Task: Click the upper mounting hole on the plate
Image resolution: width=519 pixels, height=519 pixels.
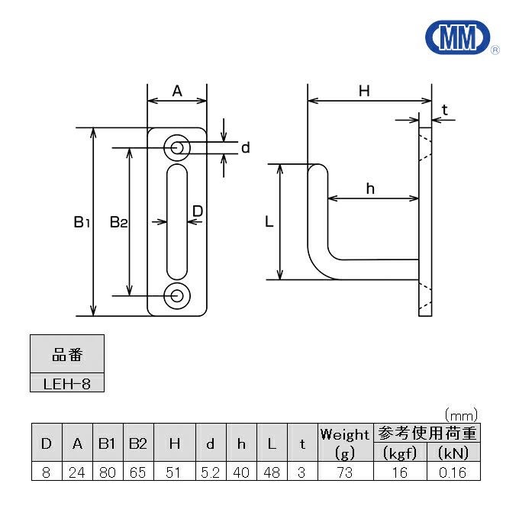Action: [x=177, y=147]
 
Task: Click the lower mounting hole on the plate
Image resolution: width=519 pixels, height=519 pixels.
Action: [x=177, y=295]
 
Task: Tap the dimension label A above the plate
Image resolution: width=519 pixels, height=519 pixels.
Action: [x=177, y=91]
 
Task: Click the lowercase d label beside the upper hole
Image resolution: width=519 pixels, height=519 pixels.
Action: [x=245, y=148]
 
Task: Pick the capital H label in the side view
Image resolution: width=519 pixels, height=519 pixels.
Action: [x=364, y=91]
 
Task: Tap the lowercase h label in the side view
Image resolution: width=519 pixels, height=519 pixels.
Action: [x=370, y=189]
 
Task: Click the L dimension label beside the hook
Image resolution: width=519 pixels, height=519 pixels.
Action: [x=268, y=222]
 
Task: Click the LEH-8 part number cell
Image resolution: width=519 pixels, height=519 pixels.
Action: [x=66, y=383]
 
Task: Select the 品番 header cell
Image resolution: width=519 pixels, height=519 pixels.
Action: [x=66, y=355]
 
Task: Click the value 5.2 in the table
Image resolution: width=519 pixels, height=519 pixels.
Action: [x=210, y=472]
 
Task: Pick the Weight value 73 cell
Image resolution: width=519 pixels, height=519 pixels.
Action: [x=344, y=472]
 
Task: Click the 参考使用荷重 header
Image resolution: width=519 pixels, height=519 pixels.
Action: [x=426, y=433]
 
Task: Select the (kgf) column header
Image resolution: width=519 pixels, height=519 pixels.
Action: [x=398, y=452]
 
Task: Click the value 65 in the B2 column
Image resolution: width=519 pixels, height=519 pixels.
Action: [x=137, y=472]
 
